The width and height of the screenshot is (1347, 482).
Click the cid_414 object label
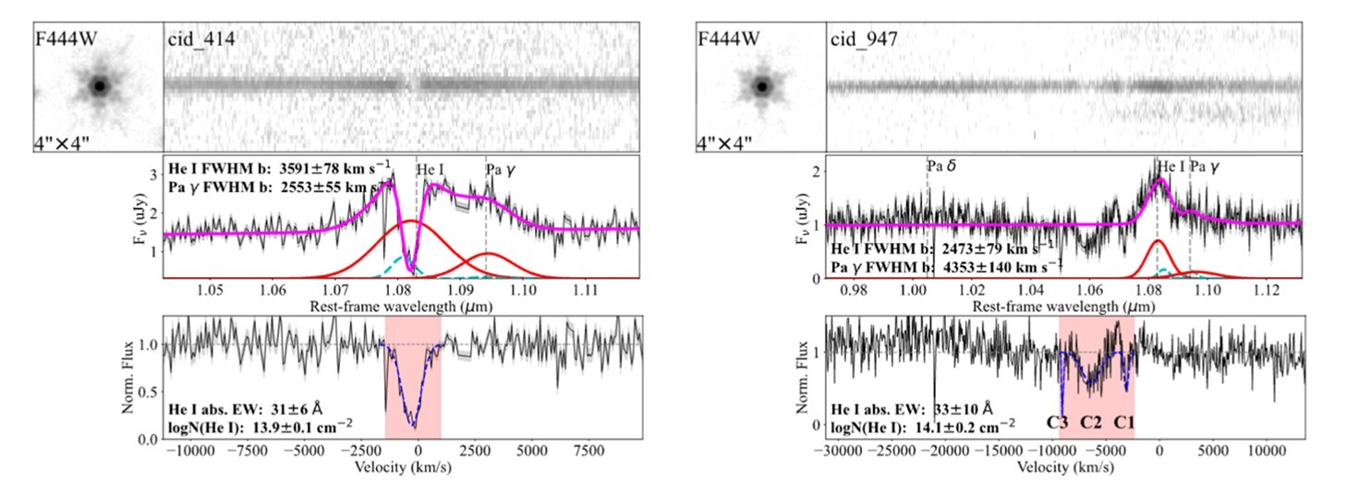point(201,39)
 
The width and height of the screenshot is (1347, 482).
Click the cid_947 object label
point(864,40)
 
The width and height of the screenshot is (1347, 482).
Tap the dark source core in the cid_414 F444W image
point(99,87)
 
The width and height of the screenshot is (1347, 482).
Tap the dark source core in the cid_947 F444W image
point(762,87)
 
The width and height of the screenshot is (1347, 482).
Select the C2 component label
point(1091,423)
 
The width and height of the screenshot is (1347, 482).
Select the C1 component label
point(1123,423)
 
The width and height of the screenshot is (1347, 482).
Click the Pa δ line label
point(941,165)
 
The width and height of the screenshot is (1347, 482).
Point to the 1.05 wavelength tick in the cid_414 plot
point(210,291)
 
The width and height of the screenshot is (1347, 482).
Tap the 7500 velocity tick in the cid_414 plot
point(587,451)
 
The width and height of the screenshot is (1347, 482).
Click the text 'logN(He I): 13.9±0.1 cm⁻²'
point(261,426)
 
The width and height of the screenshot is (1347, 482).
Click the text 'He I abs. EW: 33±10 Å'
point(912,410)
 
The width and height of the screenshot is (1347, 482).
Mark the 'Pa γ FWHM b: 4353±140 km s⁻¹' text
point(947,266)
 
